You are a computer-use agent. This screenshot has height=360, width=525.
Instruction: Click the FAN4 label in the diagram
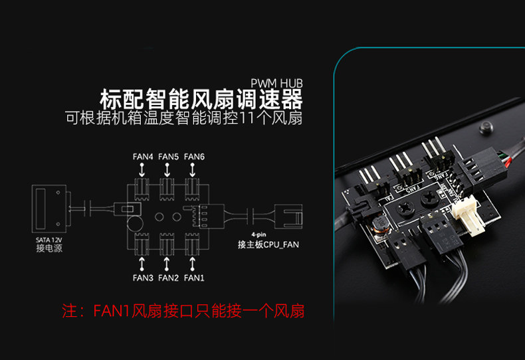coord(143,157)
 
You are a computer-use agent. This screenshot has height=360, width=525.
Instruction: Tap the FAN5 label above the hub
coord(169,157)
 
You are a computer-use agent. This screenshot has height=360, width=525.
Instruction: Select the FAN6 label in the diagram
coord(194,157)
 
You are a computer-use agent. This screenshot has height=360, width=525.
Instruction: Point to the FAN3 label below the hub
coord(143,277)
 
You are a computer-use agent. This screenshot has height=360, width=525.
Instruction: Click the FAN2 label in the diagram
coord(169,277)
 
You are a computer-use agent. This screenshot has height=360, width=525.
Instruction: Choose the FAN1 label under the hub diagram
coord(194,277)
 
